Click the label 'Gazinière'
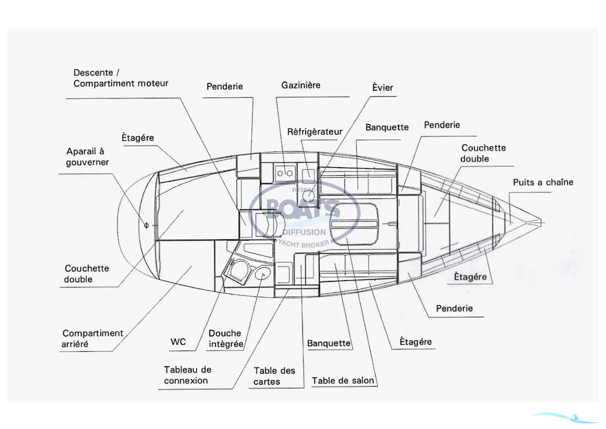tap(301, 85)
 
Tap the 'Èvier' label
tap(383, 88)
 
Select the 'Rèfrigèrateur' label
tap(315, 132)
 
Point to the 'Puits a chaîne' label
tap(543, 182)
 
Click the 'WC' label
tap(178, 342)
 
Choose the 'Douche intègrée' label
tap(226, 338)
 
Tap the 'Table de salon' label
tap(343, 381)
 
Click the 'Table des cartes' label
tap(274, 376)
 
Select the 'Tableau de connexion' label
tap(187, 375)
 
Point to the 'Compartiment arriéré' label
tap(92, 338)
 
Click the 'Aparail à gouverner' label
tap(87, 157)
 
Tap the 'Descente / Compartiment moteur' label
tap(120, 78)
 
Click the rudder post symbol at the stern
tap(146, 225)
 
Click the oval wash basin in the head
tap(263, 274)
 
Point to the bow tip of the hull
tap(540, 221)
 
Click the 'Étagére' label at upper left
tap(138, 138)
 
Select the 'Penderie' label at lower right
tap(454, 309)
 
